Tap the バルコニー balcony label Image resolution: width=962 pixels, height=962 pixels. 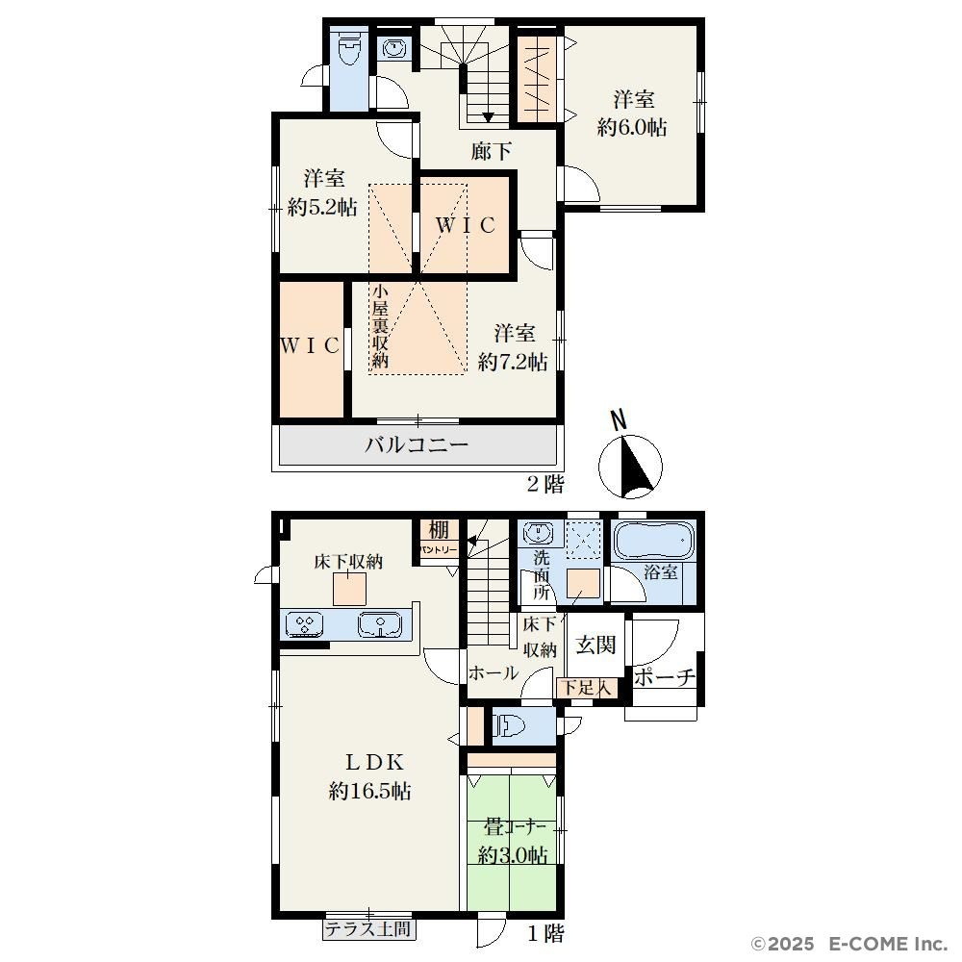pyautogui.click(x=417, y=444)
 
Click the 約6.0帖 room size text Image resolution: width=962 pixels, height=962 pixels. pyautogui.click(x=633, y=127)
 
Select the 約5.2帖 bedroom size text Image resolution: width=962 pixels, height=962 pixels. pyautogui.click(x=322, y=208)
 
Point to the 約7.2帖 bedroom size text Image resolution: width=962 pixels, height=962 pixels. pyautogui.click(x=513, y=362)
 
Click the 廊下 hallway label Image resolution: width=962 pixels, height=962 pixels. pyautogui.click(x=491, y=150)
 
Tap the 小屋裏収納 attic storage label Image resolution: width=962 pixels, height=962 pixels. pyautogui.click(x=380, y=325)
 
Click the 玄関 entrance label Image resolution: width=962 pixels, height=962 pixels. pyautogui.click(x=595, y=645)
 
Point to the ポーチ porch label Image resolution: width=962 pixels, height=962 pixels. pyautogui.click(x=664, y=677)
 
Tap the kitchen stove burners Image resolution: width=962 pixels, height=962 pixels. pyautogui.click(x=305, y=625)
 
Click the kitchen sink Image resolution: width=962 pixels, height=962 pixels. pyautogui.click(x=380, y=625)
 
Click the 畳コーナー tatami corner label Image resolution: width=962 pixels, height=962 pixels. pyautogui.click(x=514, y=826)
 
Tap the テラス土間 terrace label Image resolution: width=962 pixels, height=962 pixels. pyautogui.click(x=367, y=929)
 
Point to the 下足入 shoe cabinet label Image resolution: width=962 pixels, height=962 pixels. pyautogui.click(x=587, y=688)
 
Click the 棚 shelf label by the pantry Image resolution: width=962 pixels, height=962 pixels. pyautogui.click(x=439, y=529)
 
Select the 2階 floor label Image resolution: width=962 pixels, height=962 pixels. pyautogui.click(x=545, y=484)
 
